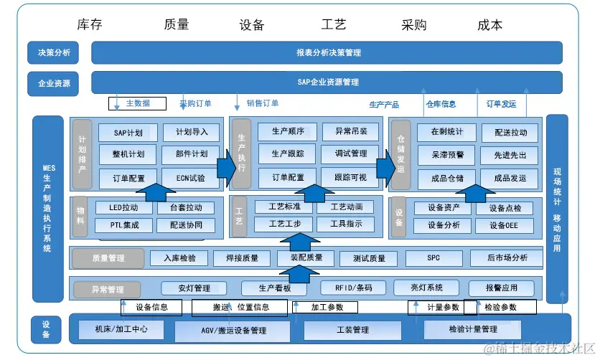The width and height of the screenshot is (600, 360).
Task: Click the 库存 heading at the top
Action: (x=89, y=25)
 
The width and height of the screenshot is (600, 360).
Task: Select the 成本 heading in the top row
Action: (x=489, y=25)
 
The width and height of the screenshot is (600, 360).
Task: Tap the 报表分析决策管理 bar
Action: (x=327, y=52)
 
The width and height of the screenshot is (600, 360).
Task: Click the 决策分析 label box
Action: (x=54, y=52)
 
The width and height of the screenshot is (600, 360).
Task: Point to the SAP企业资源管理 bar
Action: (x=327, y=82)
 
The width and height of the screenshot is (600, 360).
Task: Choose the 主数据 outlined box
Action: (x=137, y=103)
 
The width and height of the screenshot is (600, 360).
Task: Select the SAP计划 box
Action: (x=128, y=133)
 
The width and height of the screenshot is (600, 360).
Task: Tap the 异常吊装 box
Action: (x=345, y=132)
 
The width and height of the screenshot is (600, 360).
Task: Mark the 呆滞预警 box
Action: (x=447, y=155)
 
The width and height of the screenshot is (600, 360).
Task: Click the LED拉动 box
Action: (x=123, y=208)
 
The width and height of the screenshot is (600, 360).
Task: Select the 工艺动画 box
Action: (x=344, y=207)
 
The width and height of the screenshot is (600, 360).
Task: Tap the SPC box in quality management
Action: (x=433, y=257)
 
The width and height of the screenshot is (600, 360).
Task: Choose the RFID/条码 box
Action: (x=355, y=288)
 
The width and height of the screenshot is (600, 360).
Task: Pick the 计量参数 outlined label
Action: (x=435, y=308)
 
